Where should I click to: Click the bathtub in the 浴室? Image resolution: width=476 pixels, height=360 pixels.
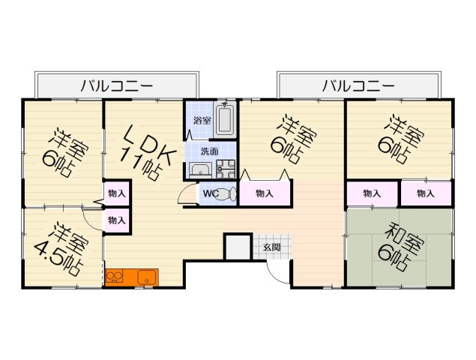226,120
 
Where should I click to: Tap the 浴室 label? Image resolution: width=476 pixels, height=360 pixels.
202,120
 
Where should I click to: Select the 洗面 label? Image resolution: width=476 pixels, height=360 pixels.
210,151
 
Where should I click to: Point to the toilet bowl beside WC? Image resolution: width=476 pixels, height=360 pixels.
230,193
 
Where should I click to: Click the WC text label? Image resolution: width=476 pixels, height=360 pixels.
211,193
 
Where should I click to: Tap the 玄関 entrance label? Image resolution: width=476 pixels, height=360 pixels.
271,247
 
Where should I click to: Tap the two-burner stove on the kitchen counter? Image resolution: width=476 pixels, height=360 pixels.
115,277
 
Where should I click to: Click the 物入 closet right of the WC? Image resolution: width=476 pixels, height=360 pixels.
264,193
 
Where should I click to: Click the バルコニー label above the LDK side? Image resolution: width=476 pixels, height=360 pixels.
117,85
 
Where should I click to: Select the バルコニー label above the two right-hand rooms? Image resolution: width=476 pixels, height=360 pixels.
358,85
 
